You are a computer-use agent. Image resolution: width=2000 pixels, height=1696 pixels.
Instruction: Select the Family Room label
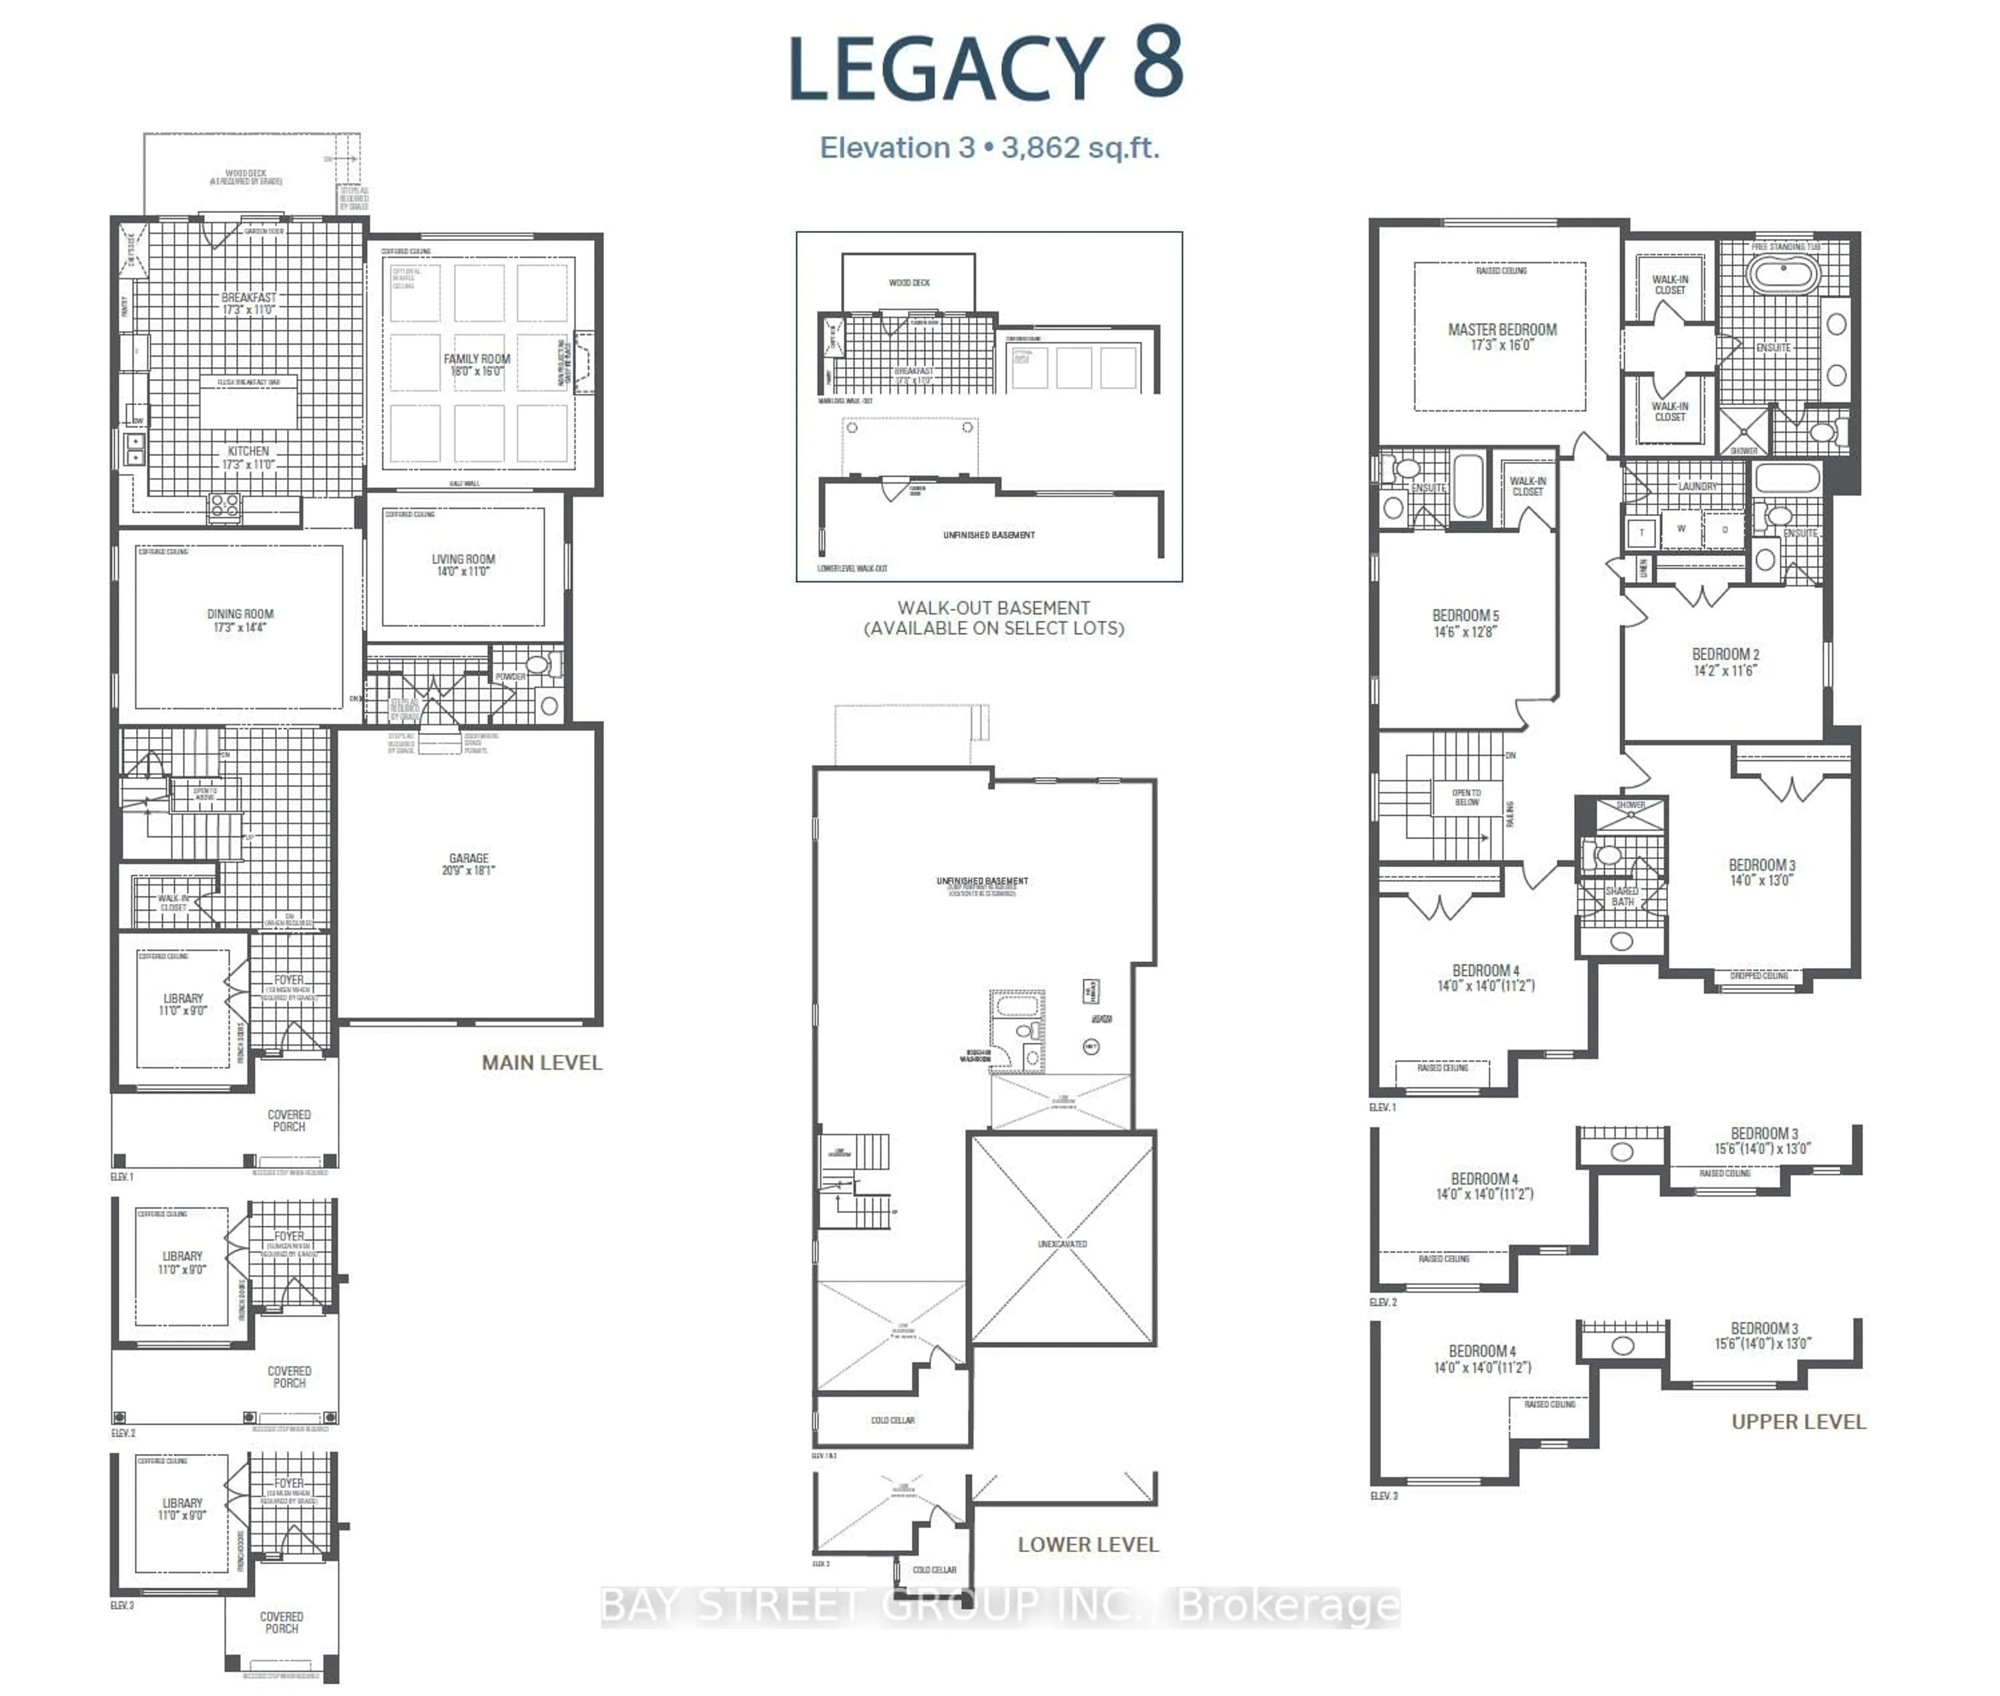click(x=477, y=358)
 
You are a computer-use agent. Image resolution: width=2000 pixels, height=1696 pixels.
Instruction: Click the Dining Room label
click(x=241, y=614)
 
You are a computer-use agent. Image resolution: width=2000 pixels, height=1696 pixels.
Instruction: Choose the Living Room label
click(x=464, y=558)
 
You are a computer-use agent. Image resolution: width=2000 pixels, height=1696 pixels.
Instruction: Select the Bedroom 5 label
click(x=1465, y=615)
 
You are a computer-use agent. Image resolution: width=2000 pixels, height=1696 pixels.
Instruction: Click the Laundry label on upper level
click(x=1697, y=487)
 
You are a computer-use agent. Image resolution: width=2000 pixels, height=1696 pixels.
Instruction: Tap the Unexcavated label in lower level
click(x=1062, y=1244)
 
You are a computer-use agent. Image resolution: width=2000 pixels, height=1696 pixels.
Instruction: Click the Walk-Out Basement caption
click(x=993, y=608)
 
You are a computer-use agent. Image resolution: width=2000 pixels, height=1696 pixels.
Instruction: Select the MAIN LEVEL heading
click(x=541, y=1063)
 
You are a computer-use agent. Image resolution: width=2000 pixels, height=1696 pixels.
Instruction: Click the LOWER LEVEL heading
click(x=1087, y=1544)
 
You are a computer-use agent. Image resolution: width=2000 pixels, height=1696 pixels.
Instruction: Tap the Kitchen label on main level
click(x=248, y=451)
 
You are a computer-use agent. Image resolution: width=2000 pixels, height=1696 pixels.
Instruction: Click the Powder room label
click(x=509, y=677)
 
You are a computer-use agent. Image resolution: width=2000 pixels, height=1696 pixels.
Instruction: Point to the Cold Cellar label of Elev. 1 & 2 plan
click(x=892, y=1420)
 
